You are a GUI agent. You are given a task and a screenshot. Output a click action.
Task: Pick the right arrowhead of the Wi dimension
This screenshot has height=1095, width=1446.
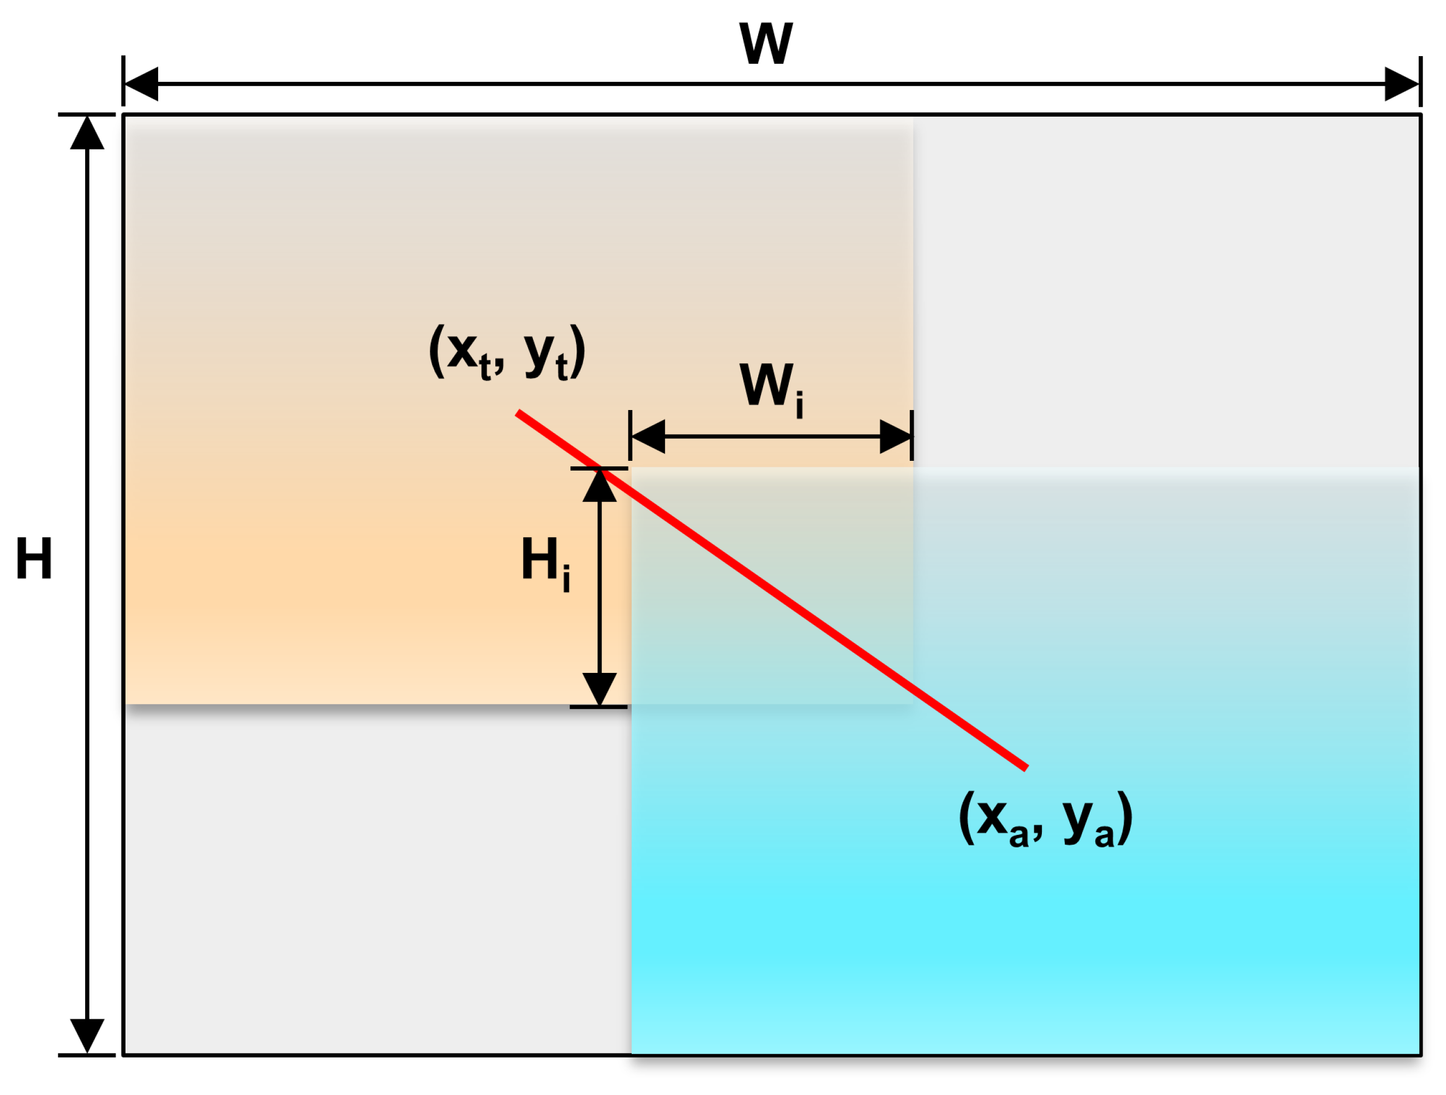click(x=895, y=436)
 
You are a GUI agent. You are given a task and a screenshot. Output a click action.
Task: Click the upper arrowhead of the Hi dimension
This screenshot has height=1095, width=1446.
click(x=599, y=486)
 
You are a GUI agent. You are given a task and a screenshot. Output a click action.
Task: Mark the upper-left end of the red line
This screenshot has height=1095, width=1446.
click(x=518, y=412)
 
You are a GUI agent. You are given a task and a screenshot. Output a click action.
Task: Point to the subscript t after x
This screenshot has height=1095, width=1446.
click(x=484, y=369)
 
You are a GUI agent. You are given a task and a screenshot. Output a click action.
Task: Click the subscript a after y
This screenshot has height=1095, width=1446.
click(x=1104, y=836)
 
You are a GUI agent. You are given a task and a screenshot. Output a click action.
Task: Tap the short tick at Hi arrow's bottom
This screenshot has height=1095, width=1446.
click(x=598, y=707)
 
